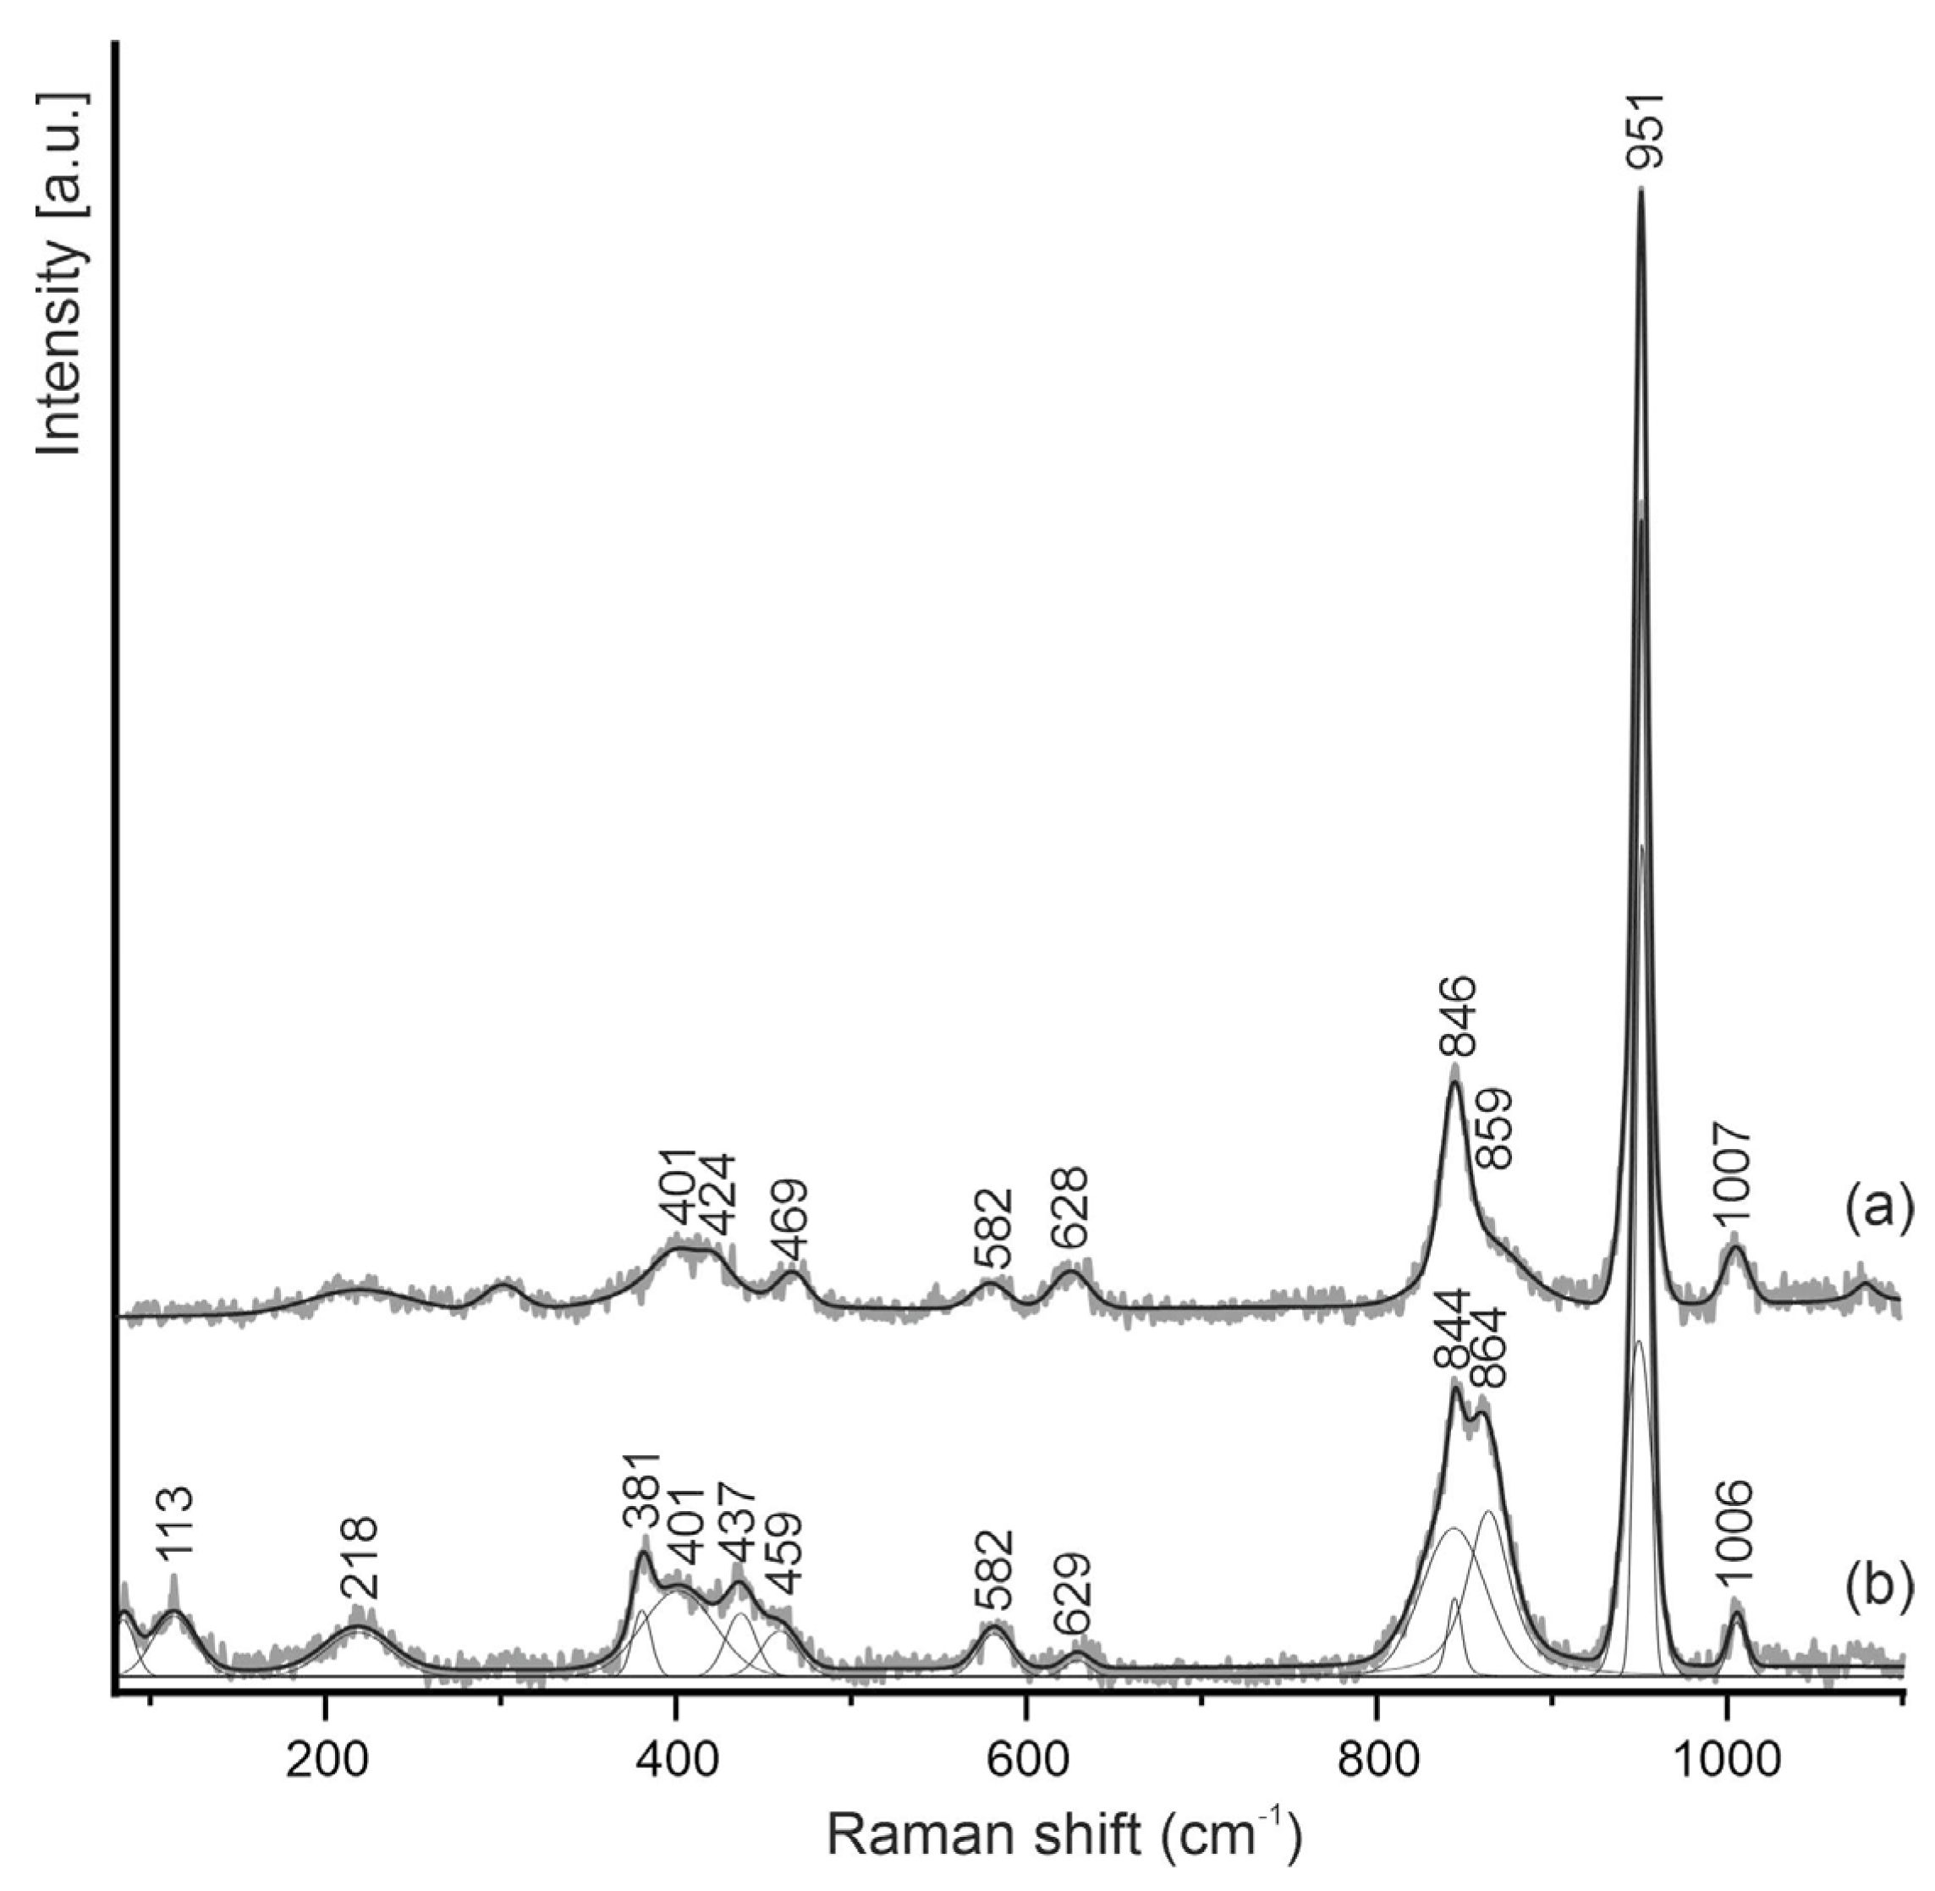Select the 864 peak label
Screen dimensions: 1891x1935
click(x=1487, y=1353)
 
